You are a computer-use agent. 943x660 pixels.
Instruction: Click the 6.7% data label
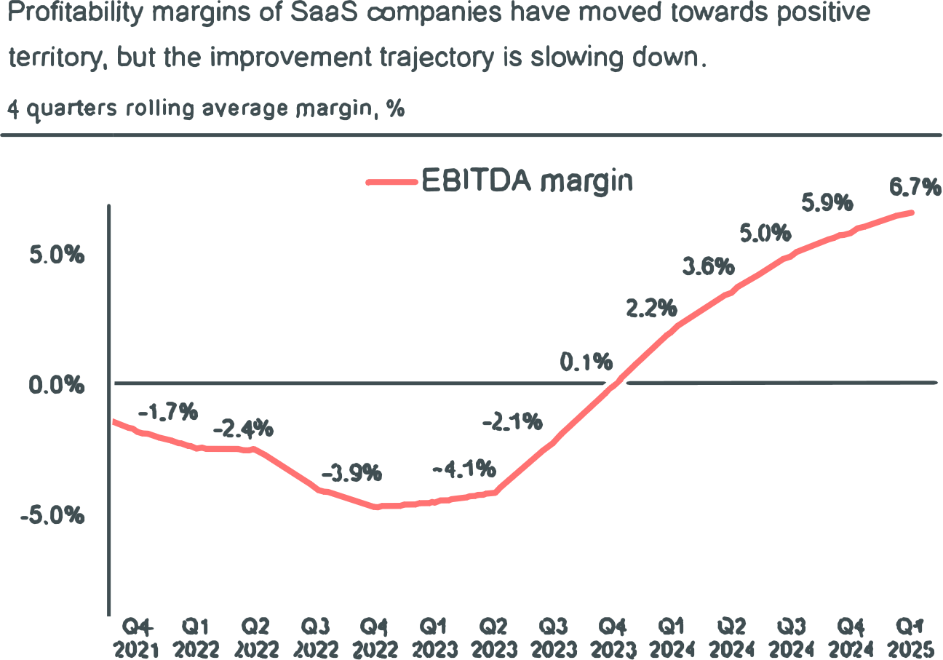click(x=915, y=188)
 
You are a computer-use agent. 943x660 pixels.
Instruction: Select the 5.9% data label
click(x=827, y=203)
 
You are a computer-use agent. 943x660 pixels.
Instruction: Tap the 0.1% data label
click(x=586, y=361)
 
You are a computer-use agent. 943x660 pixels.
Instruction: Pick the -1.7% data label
click(x=168, y=413)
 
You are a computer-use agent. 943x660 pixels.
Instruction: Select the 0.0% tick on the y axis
click(x=57, y=384)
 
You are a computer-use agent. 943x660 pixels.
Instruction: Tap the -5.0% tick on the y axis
click(x=53, y=515)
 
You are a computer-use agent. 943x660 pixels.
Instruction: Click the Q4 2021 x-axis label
click(x=136, y=638)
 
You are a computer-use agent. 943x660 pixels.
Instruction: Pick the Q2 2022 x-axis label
click(x=255, y=638)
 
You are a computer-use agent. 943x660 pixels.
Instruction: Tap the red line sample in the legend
click(x=391, y=183)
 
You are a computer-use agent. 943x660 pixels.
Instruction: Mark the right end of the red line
click(x=912, y=212)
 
